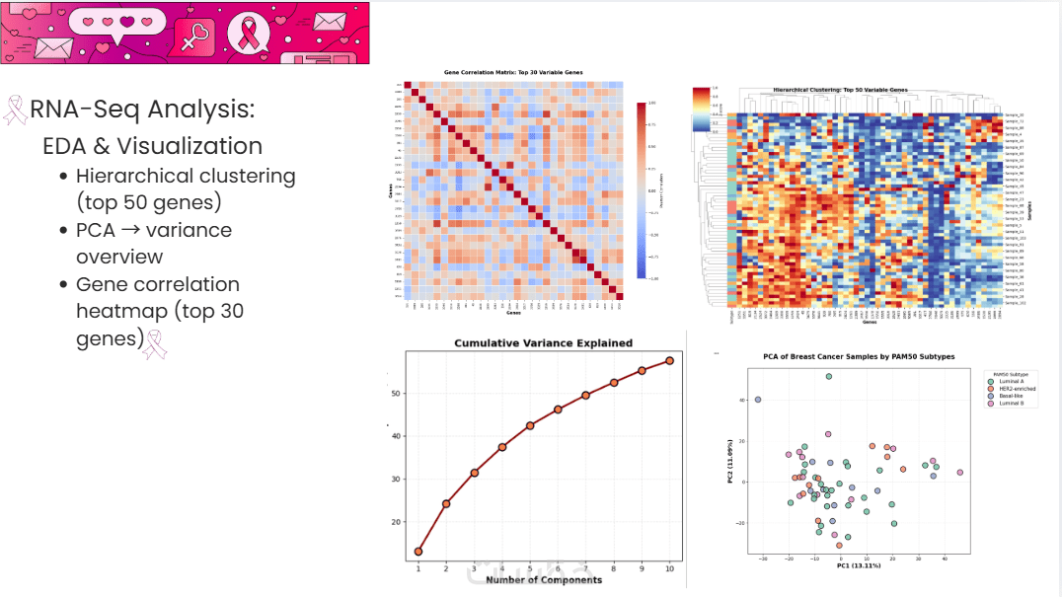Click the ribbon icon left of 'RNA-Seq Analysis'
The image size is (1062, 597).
tap(16, 110)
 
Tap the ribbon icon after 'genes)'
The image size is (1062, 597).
tap(156, 342)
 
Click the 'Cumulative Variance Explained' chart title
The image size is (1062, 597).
tap(543, 343)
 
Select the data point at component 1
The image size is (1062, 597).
tap(418, 552)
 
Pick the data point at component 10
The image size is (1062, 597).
tap(669, 360)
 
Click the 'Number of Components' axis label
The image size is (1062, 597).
tap(543, 579)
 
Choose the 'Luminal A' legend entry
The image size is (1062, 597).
tap(1013, 382)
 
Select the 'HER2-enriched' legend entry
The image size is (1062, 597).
tap(1017, 389)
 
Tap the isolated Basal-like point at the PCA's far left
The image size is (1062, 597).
tap(758, 400)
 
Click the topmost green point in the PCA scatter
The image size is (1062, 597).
tap(829, 377)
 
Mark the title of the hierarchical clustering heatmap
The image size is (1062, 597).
tap(840, 90)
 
